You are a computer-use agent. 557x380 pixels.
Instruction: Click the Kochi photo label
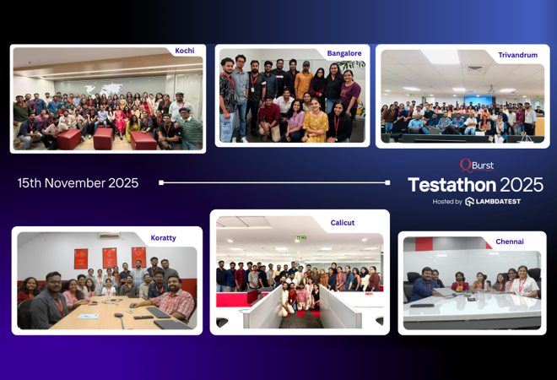point(184,51)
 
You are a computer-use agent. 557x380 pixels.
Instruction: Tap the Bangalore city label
point(343,53)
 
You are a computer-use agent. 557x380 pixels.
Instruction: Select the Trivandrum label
point(518,55)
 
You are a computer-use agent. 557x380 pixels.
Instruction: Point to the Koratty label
point(164,238)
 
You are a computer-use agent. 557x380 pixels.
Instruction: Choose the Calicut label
point(342,223)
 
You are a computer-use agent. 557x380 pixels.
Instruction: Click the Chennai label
point(509,242)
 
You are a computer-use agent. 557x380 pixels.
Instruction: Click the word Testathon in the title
point(448,185)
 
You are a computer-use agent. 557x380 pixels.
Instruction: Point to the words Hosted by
point(447,202)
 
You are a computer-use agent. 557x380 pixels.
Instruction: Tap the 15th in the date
point(30,182)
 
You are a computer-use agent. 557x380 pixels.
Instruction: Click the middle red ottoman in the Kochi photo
point(104,138)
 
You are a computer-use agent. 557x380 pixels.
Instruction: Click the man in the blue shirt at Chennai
point(425,286)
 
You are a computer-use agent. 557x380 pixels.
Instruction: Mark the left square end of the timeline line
point(161,182)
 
